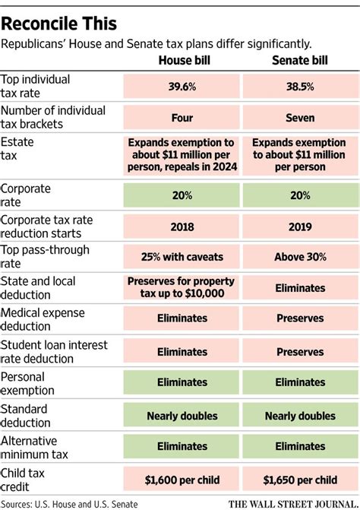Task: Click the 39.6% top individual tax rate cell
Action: (x=182, y=86)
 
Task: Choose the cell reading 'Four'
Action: (x=182, y=118)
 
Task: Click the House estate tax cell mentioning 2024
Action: (x=182, y=155)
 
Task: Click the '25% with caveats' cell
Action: (x=182, y=257)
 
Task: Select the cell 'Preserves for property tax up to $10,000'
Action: (x=182, y=288)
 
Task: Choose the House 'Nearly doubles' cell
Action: (x=182, y=416)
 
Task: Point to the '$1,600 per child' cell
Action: (x=182, y=480)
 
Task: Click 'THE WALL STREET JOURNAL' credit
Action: (x=292, y=503)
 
